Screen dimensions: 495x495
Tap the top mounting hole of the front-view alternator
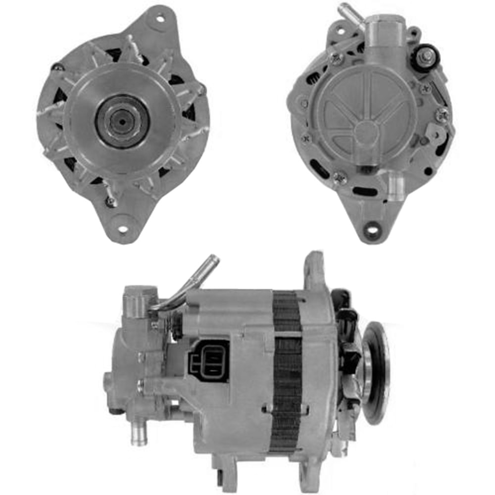point(160,20)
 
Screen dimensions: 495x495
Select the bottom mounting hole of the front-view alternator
point(122,229)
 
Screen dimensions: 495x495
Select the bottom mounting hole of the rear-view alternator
point(372,230)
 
